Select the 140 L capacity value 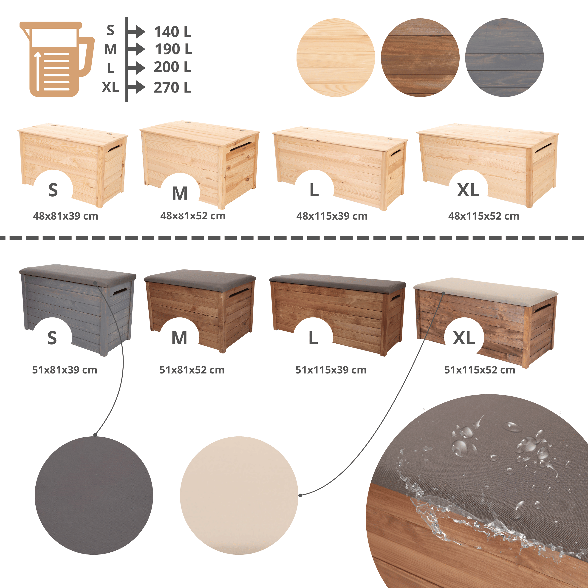172,32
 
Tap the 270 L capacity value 172,88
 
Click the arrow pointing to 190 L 136,49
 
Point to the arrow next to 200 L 136,68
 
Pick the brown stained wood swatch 420,58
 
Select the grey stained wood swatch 504,58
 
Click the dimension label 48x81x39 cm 66,216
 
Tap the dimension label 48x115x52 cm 484,216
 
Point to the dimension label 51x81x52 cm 192,370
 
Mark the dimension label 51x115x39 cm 331,370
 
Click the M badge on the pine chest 180,193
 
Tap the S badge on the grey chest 52,338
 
